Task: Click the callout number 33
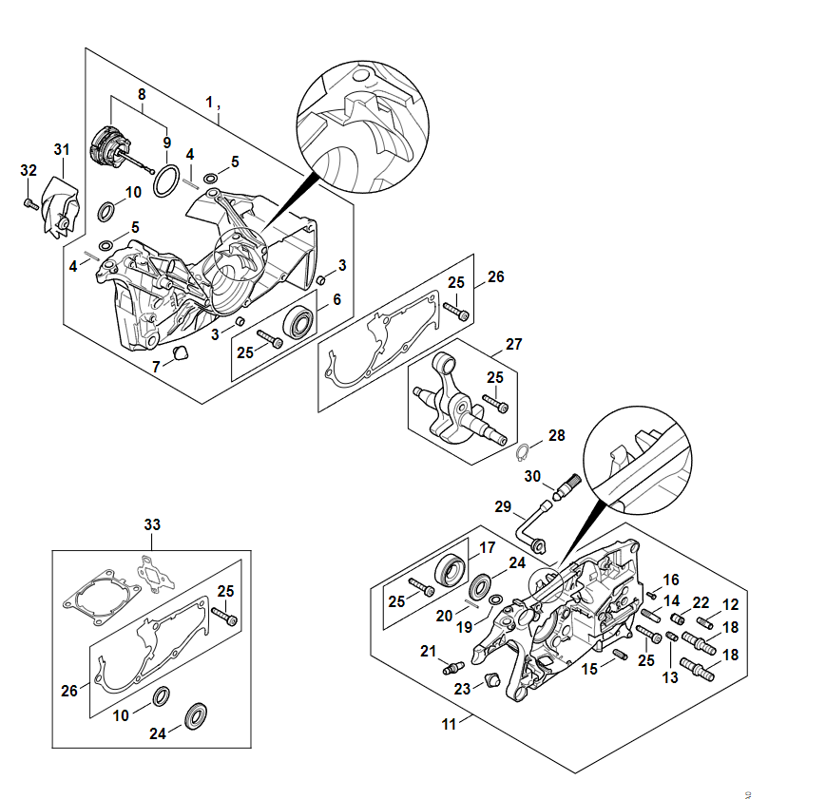point(153,524)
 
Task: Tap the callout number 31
point(62,149)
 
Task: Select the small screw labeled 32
point(29,203)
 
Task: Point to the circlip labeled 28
point(525,449)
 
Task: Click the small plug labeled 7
point(179,355)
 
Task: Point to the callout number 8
point(142,94)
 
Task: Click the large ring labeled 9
point(166,178)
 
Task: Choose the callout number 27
point(514,344)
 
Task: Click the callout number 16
point(671,580)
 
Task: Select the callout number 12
point(730,603)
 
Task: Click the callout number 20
point(445,617)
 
